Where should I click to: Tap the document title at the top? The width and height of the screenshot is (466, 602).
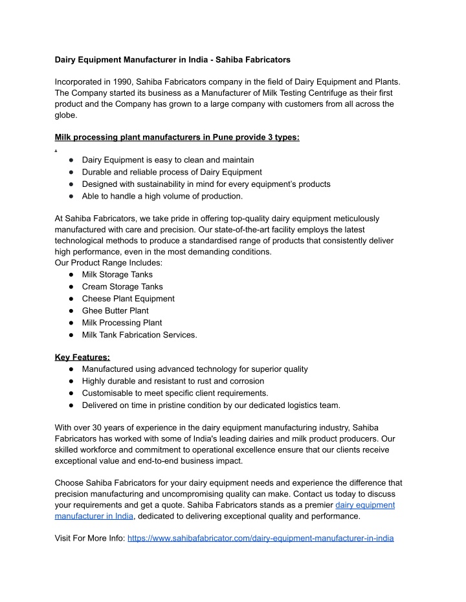(172, 59)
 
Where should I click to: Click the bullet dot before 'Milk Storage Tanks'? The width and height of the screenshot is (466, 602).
(69, 275)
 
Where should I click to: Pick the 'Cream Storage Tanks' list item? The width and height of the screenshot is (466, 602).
(122, 286)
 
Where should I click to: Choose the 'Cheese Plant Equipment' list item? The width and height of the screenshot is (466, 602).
(128, 299)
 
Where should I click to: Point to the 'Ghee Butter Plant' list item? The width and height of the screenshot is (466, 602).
(115, 310)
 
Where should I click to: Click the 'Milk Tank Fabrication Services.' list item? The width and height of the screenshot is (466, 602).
(139, 334)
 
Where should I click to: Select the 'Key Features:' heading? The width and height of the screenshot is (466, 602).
(82, 356)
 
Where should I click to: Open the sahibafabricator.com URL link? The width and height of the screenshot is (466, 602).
(261, 538)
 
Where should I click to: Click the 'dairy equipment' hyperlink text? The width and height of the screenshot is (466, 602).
(365, 504)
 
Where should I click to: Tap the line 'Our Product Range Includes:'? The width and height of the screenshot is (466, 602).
(109, 263)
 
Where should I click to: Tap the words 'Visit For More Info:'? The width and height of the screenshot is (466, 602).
(90, 538)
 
